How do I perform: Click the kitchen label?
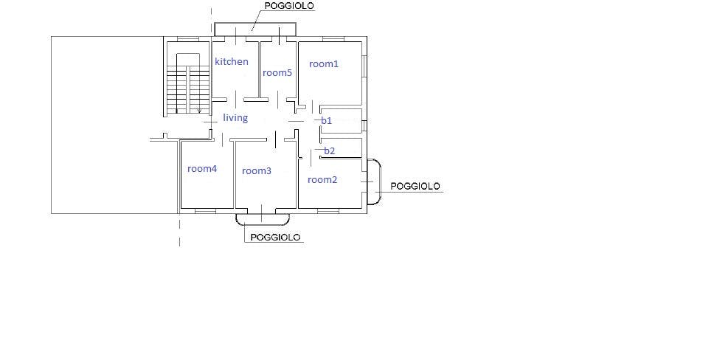click(x=232, y=61)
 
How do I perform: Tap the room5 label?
click(x=277, y=72)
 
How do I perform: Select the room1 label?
click(x=324, y=64)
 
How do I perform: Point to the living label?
click(x=235, y=117)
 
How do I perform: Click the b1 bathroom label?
click(x=327, y=121)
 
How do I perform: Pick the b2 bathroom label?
click(x=330, y=150)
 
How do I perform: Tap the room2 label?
click(x=322, y=180)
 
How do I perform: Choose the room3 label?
click(x=257, y=171)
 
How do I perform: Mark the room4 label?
click(x=202, y=169)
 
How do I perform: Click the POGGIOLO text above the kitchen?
click(x=289, y=6)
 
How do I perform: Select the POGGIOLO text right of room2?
click(x=415, y=186)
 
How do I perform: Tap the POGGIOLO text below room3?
click(x=276, y=237)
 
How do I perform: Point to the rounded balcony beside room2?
click(x=380, y=181)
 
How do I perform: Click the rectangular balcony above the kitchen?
click(x=255, y=24)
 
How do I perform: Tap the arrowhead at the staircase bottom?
click(x=199, y=111)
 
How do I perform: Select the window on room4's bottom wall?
click(x=205, y=211)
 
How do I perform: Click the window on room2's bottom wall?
click(x=328, y=211)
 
